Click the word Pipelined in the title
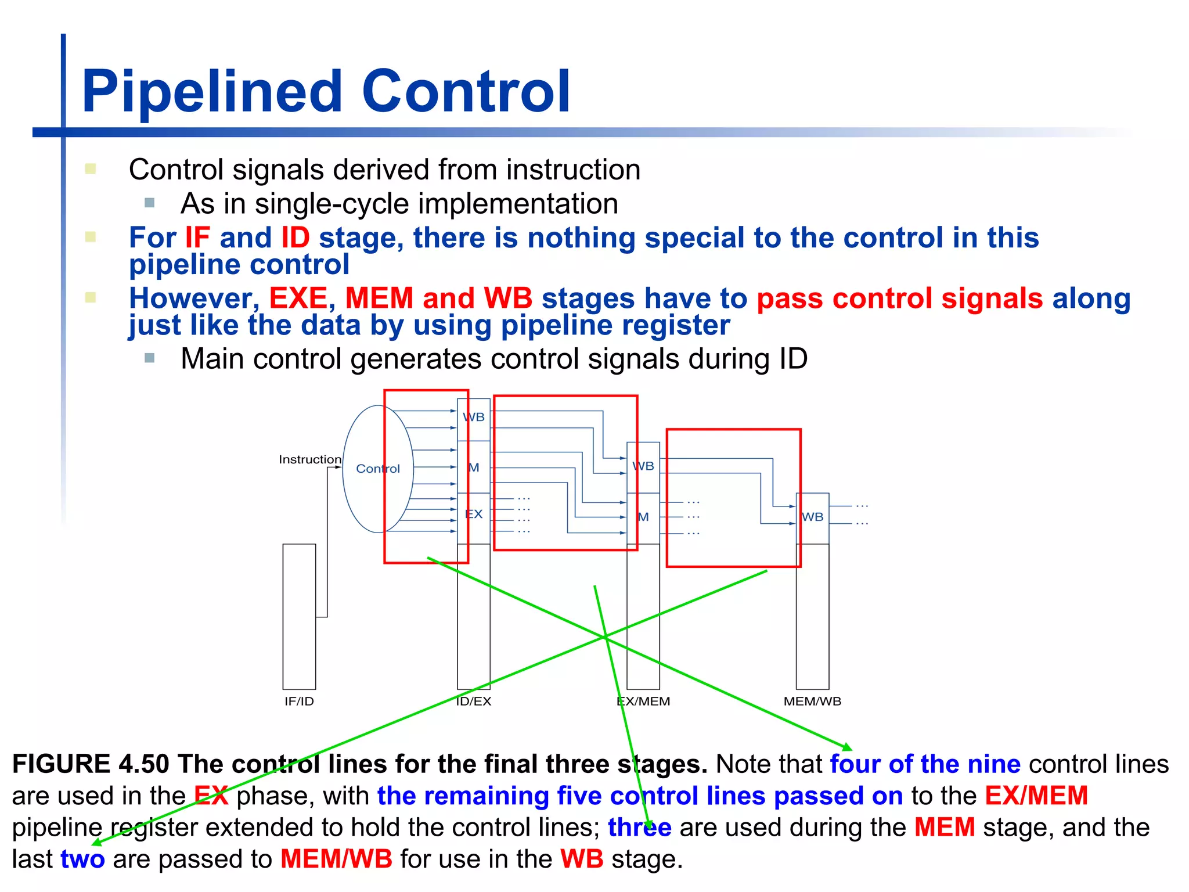click(x=212, y=91)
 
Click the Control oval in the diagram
click(x=377, y=469)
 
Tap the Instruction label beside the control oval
click(x=309, y=459)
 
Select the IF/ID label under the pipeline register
click(x=299, y=702)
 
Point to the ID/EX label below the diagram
click(x=473, y=702)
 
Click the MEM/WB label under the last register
click(x=812, y=702)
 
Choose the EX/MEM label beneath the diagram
click(x=643, y=702)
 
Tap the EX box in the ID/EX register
click(x=474, y=515)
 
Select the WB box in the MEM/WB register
click(x=812, y=517)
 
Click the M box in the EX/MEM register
click(x=643, y=517)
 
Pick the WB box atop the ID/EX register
click(x=474, y=418)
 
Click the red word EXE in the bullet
click(x=298, y=298)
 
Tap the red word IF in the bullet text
click(x=197, y=238)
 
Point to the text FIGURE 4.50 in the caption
click(x=91, y=764)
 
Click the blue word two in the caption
click(x=82, y=859)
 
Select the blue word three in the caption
click(x=639, y=828)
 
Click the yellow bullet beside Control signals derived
click(x=91, y=169)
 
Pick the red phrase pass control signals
click(x=900, y=298)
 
